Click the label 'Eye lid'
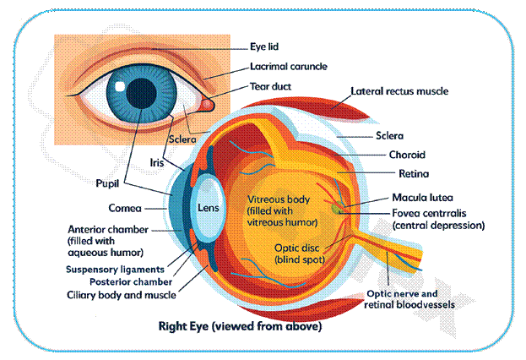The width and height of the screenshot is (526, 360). [x=263, y=46]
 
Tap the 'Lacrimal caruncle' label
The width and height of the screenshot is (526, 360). [x=288, y=66]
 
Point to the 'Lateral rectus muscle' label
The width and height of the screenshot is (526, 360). [x=399, y=91]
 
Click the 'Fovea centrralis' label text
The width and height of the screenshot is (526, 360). [x=431, y=212]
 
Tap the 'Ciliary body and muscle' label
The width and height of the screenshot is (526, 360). [x=122, y=295]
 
